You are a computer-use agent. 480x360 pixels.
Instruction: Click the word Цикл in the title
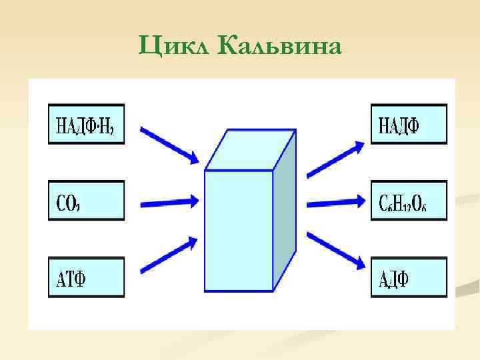tap(175, 46)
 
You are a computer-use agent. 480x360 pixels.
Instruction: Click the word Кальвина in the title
tap(279, 46)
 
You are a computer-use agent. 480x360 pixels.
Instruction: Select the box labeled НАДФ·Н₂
tap(86, 124)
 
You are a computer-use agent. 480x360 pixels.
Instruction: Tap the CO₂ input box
tap(86, 200)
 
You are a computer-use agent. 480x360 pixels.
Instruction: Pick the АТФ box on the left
tap(86, 277)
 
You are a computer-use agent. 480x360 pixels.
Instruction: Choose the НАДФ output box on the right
tap(409, 124)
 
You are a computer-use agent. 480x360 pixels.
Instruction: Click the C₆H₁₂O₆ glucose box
tap(409, 200)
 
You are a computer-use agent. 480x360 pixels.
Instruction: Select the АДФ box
tap(409, 277)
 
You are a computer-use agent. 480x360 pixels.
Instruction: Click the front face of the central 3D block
tap(239, 231)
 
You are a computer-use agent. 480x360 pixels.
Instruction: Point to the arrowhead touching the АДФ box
tap(360, 264)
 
